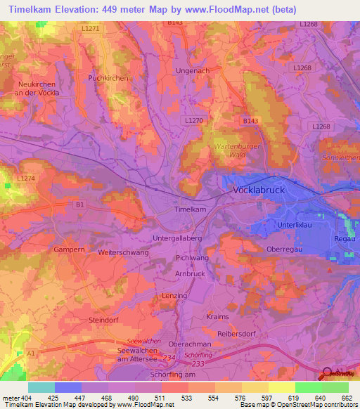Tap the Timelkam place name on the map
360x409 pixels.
(190, 210)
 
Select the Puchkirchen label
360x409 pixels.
(108, 78)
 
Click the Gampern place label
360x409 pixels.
(69, 249)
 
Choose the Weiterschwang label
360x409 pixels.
(124, 252)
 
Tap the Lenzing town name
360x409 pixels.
(174, 297)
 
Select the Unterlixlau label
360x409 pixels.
(293, 223)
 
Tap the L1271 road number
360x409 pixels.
(91, 28)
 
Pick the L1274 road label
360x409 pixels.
(26, 180)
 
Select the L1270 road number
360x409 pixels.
(193, 121)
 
